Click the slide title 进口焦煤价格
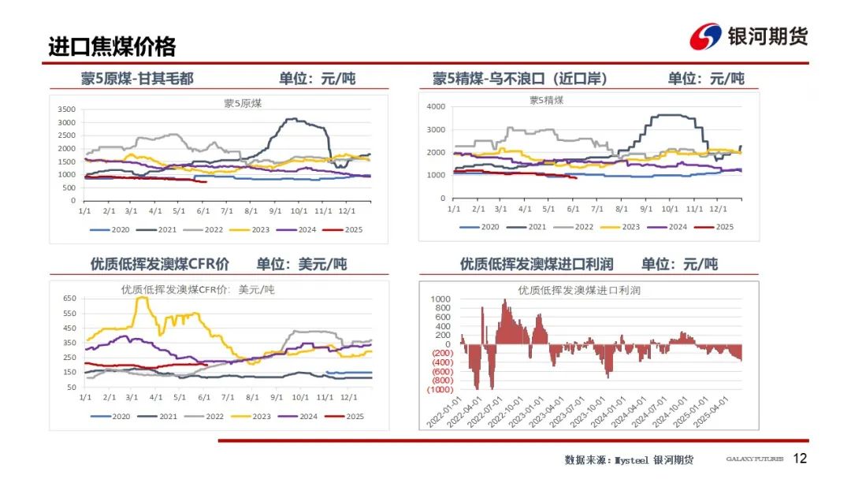[x=111, y=46]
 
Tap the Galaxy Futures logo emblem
[x=705, y=37]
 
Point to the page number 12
[x=800, y=459]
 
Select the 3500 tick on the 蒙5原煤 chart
[x=68, y=110]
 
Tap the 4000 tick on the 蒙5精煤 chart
[x=436, y=106]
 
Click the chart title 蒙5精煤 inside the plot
[x=546, y=100]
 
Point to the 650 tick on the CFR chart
[x=69, y=299]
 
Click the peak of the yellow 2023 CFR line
[x=142, y=298]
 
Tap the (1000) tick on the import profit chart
[x=439, y=389]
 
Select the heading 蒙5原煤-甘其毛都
[x=137, y=78]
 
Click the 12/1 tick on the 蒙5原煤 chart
[x=347, y=211]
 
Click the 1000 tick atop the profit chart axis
[x=440, y=299]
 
